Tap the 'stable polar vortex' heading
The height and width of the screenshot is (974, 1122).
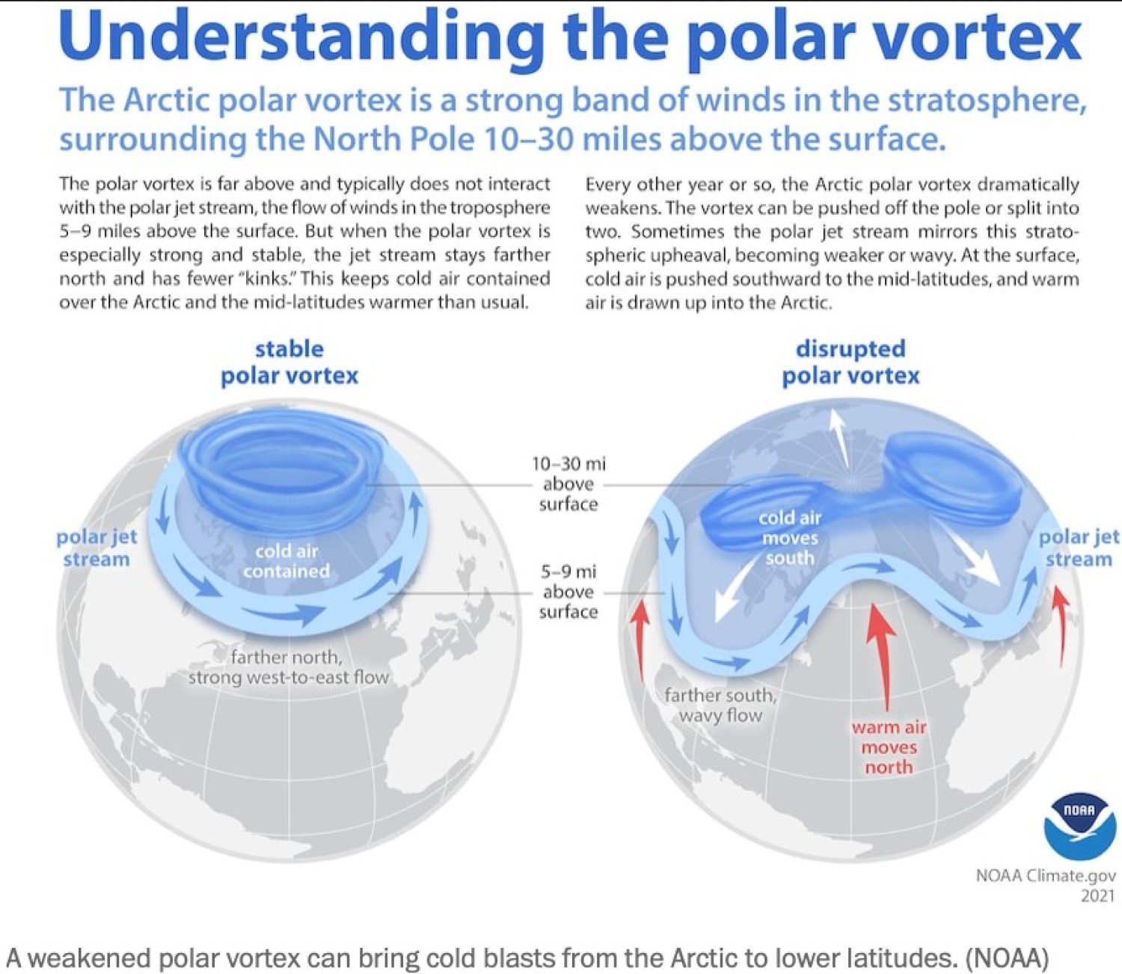[289, 363]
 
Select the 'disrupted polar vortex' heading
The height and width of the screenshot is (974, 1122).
[850, 363]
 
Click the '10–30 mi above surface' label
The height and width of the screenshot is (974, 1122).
[568, 484]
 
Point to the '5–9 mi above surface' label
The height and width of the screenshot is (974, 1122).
[568, 592]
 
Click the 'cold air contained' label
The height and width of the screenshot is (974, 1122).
[286, 561]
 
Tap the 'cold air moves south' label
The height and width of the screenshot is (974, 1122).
[790, 537]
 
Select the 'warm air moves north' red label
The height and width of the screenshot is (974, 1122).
[889, 747]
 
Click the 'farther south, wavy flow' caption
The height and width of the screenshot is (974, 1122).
[720, 705]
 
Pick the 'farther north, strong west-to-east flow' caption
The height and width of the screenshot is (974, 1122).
[289, 667]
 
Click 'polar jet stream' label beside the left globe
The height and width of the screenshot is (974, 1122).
[96, 548]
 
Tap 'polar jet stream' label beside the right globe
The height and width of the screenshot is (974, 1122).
[1079, 548]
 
